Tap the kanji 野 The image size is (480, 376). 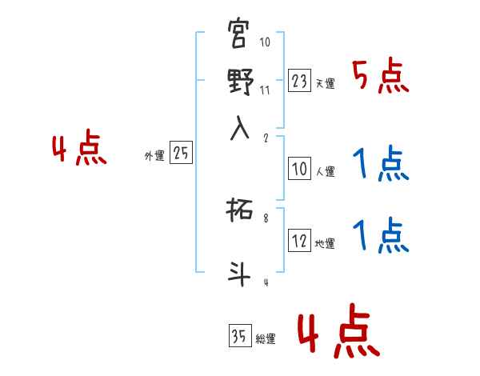click(241, 82)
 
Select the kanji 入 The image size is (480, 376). click(241, 129)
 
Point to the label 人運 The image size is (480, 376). click(326, 171)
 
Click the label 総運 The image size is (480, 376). click(266, 339)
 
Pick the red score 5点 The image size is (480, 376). click(381, 77)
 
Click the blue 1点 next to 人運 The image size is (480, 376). click(381, 165)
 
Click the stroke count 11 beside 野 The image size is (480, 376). click(265, 90)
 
